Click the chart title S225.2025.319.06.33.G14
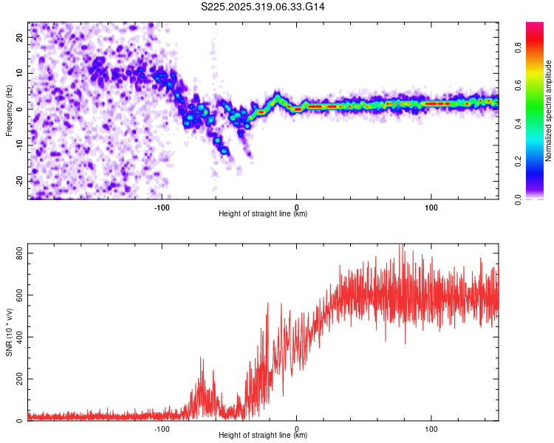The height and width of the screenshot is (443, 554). (x=263, y=6)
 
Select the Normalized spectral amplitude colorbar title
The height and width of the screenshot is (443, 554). (x=548, y=111)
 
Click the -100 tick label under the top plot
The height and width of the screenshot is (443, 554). (x=162, y=207)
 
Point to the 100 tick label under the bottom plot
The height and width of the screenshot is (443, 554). (x=431, y=428)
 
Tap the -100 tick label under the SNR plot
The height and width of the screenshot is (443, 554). (x=162, y=428)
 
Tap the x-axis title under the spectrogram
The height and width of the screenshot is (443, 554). (x=263, y=214)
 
